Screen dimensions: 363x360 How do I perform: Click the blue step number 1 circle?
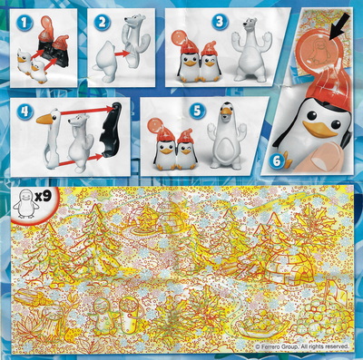click(x=25, y=23)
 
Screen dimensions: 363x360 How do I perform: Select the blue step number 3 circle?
click(x=220, y=22)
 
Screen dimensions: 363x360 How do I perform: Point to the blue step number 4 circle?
click(x=25, y=112)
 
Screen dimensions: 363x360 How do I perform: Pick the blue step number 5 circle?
click(x=197, y=111)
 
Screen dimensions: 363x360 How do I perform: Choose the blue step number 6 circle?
click(x=277, y=161)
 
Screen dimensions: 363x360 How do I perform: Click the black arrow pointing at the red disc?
click(x=338, y=30)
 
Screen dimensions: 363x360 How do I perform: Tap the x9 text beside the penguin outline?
click(x=43, y=197)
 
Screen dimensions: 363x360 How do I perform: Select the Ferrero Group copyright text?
click(x=302, y=346)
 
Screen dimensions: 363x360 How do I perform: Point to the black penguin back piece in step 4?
click(x=111, y=131)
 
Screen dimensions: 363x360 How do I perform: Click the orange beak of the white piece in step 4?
click(x=44, y=120)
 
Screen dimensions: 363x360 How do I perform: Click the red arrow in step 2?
click(x=123, y=54)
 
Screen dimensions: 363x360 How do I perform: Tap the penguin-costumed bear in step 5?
click(x=226, y=135)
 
